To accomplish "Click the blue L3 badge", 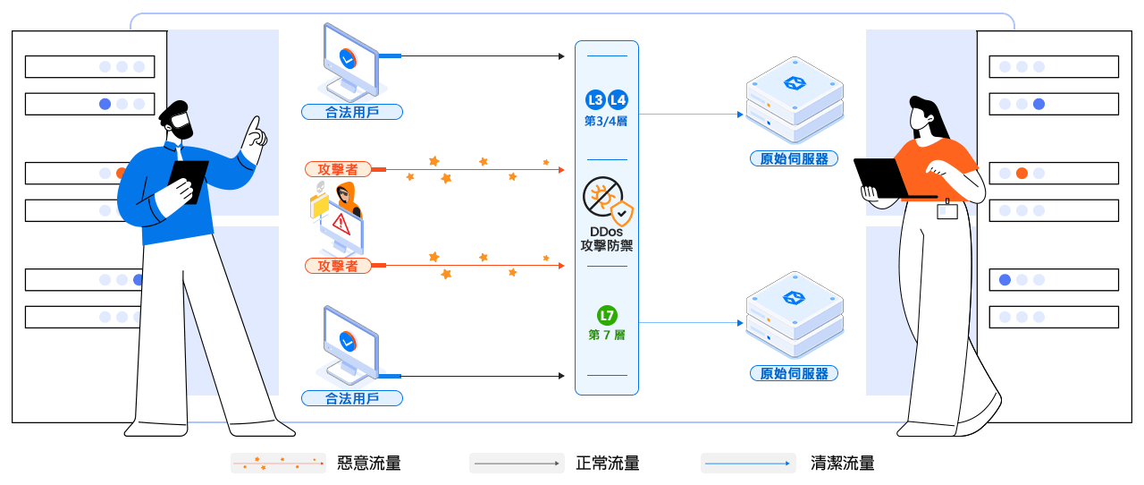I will click(595, 99).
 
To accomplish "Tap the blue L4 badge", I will click(618, 99).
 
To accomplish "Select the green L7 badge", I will click(607, 315).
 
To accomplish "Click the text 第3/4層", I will click(606, 121).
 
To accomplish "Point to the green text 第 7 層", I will click(607, 336).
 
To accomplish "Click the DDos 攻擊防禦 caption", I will click(607, 239).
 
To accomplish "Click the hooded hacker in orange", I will click(345, 198).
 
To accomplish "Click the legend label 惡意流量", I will click(368, 464).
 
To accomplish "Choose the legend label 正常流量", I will click(608, 464).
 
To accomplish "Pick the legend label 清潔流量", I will click(842, 464).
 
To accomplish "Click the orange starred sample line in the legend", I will click(278, 464).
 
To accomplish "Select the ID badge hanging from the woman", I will click(946, 211).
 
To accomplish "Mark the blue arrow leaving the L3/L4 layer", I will click(692, 115).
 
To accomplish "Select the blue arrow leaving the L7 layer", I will click(692, 322).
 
